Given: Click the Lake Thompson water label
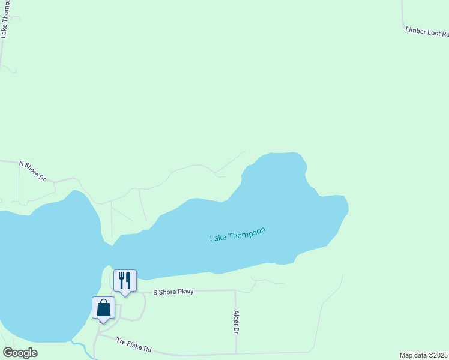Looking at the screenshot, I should pyautogui.click(x=237, y=235).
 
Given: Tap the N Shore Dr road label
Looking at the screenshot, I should pyautogui.click(x=32, y=170).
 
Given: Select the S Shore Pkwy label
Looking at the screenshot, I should pyautogui.click(x=173, y=292).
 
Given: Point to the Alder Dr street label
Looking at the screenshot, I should pyautogui.click(x=237, y=322).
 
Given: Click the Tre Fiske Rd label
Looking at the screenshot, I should pyautogui.click(x=134, y=344).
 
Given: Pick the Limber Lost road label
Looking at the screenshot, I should pyautogui.click(x=427, y=32).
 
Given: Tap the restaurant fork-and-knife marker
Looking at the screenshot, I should pyautogui.click(x=125, y=280).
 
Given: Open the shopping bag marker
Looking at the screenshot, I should pyautogui.click(x=103, y=308).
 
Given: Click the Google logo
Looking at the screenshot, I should pyautogui.click(x=20, y=353).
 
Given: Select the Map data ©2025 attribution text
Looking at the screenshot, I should pyautogui.click(x=424, y=355).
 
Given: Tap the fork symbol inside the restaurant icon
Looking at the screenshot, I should pyautogui.click(x=121, y=280).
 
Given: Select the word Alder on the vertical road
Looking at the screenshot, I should pyautogui.click(x=237, y=318).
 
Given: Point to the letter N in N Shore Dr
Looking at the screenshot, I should pyautogui.click(x=22, y=163).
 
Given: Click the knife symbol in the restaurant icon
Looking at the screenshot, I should pyautogui.click(x=128, y=280).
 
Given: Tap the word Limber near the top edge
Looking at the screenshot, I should pyautogui.click(x=415, y=29).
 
